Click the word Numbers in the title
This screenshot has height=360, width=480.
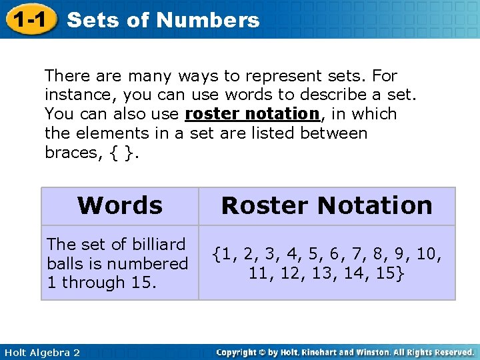[x=209, y=20]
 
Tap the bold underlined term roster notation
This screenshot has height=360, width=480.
[x=253, y=114]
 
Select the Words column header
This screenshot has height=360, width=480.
[x=120, y=205]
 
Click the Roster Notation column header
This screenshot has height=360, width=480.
[x=327, y=205]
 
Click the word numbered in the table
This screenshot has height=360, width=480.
[x=153, y=263]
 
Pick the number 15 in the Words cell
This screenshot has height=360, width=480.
[x=141, y=282]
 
